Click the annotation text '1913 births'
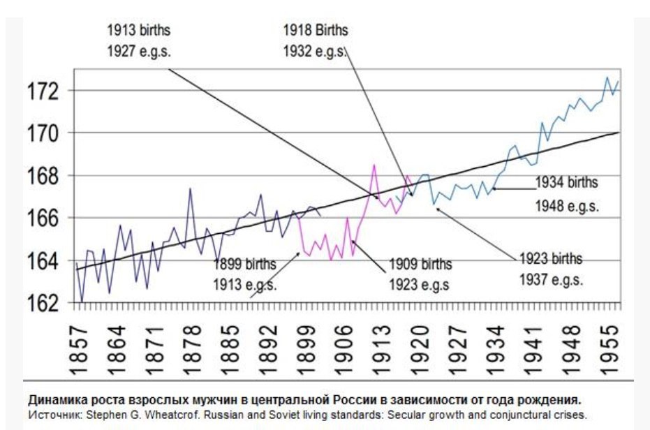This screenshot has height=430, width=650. pyautogui.click(x=138, y=31)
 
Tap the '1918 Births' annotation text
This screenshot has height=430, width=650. pyautogui.click(x=315, y=31)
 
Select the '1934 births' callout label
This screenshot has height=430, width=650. pyautogui.click(x=566, y=183)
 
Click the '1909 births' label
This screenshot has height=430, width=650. pyautogui.click(x=419, y=265)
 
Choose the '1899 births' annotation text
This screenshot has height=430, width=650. pyautogui.click(x=244, y=264)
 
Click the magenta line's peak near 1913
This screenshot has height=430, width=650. pyautogui.click(x=374, y=165)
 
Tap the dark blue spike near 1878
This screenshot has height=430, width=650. pyautogui.click(x=190, y=188)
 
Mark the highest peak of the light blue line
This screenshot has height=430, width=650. pyautogui.click(x=607, y=77)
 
